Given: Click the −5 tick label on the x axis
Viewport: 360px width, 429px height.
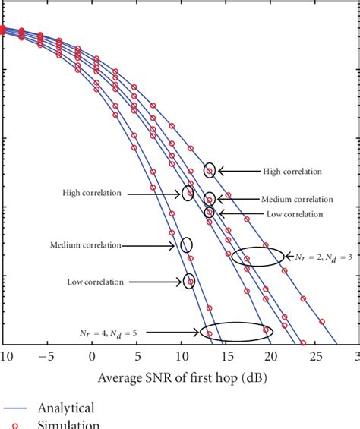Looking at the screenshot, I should (47, 357).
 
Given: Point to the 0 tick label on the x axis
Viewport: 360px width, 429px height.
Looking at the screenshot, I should (92, 357).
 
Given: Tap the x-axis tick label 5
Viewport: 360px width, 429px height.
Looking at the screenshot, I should (137, 357).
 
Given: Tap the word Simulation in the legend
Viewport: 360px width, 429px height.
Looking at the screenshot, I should (69, 424).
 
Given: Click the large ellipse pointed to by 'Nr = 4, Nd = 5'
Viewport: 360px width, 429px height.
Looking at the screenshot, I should (236, 331).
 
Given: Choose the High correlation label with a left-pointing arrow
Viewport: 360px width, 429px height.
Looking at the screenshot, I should (292, 171).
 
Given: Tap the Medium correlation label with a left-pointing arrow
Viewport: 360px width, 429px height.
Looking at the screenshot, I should (297, 199).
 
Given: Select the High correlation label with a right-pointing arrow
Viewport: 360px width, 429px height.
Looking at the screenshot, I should (92, 193).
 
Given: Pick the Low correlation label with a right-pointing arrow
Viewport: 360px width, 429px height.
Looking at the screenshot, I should (95, 282).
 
